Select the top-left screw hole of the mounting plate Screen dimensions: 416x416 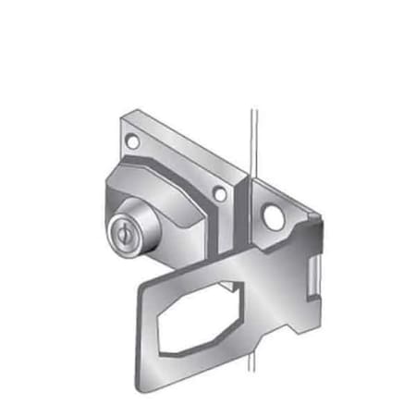[x=133, y=143]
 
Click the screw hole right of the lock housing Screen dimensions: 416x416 [x=219, y=193]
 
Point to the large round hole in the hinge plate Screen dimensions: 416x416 [x=274, y=217]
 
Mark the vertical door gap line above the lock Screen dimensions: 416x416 [x=250, y=139]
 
